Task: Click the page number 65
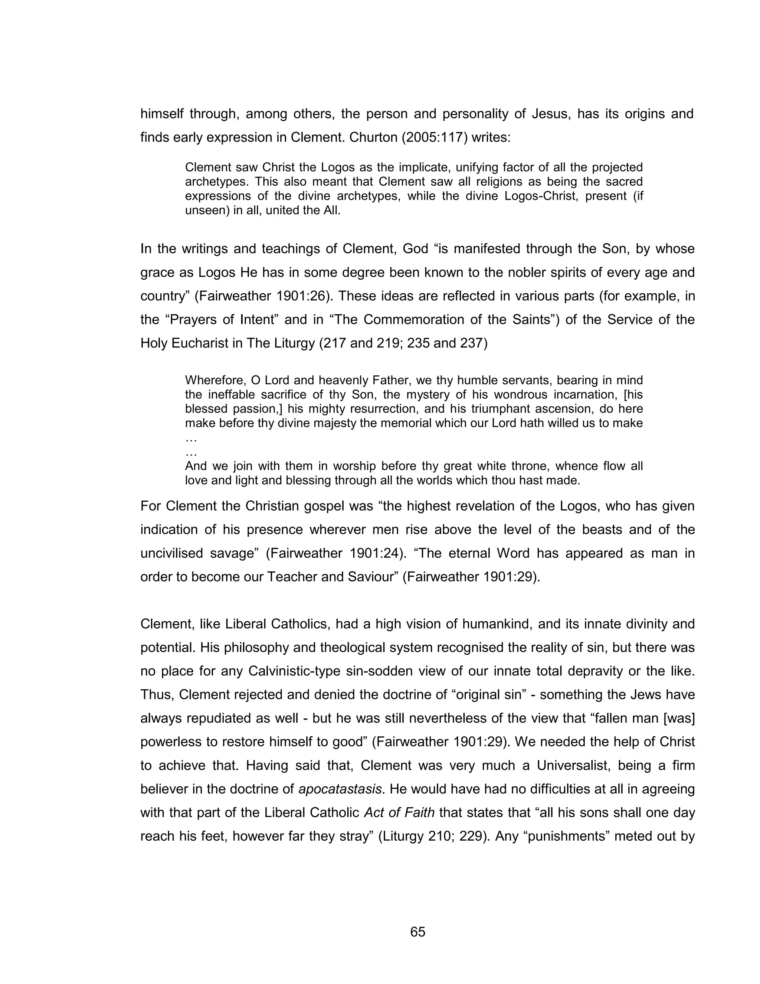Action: pyautogui.click(x=417, y=932)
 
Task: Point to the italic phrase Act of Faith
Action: pyautogui.click(x=399, y=812)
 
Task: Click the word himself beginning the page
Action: pyautogui.click(x=162, y=114)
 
